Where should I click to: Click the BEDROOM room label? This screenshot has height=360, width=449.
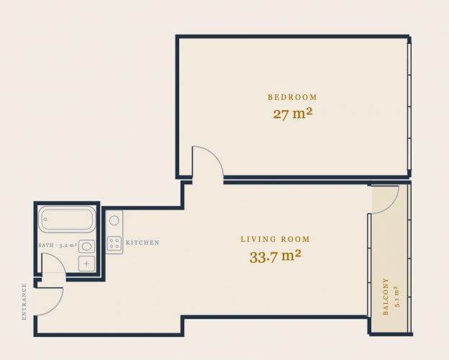[292, 97]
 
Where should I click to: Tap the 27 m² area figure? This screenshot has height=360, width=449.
[292, 114]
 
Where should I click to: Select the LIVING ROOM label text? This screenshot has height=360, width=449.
[275, 239]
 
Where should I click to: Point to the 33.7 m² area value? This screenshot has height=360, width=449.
[275, 256]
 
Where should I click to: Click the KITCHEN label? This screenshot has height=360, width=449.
[142, 243]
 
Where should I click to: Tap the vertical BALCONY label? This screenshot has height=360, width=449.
[386, 297]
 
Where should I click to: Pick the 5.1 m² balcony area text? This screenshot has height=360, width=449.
[397, 297]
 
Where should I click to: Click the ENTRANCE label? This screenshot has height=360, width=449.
[24, 302]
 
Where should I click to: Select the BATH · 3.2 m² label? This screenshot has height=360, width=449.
[58, 246]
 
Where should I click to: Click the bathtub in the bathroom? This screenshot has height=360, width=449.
[67, 220]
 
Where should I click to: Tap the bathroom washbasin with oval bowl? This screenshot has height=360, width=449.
[86, 246]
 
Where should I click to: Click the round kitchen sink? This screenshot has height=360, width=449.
[114, 220]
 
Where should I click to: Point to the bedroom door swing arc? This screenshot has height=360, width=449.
[215, 154]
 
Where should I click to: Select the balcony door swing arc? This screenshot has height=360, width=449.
[391, 207]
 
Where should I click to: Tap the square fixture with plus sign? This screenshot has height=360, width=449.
[87, 264]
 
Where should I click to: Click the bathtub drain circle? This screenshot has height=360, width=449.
[45, 220]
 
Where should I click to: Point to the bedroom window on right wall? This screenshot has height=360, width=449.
[409, 107]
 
